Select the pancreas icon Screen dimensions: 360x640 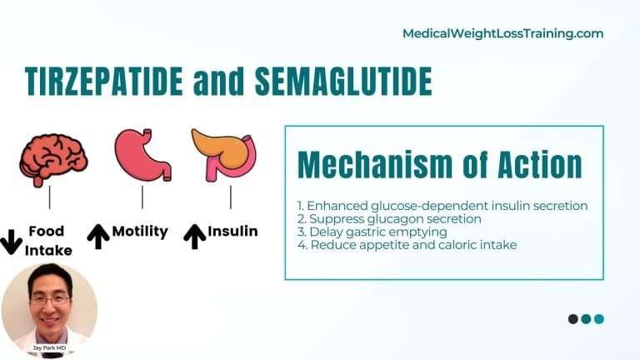(x=223, y=154)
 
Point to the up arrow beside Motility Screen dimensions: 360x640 (x=98, y=237)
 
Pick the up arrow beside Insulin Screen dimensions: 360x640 (x=194, y=237)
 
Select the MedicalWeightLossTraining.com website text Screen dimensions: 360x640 (x=502, y=34)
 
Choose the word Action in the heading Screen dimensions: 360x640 (x=532, y=164)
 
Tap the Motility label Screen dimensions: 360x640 (x=140, y=232)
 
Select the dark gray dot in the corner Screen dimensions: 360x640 (x=573, y=319)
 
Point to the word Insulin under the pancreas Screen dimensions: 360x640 (x=232, y=232)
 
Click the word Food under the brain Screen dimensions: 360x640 (x=47, y=231)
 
